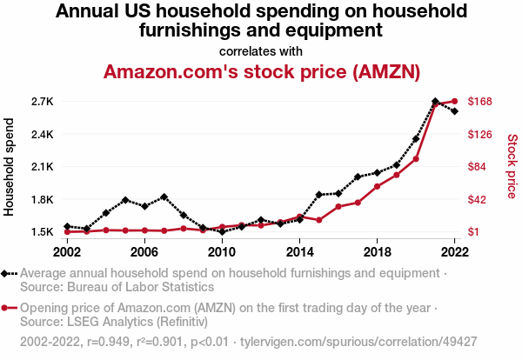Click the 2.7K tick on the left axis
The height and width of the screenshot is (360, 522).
(x=42, y=102)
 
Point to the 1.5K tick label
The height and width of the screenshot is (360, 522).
(x=42, y=232)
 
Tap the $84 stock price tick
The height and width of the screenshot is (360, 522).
(x=478, y=167)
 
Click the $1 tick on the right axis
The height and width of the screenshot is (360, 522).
(x=474, y=232)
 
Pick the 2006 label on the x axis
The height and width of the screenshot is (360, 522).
(x=144, y=251)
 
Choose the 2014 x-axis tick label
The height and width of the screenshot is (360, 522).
(x=299, y=251)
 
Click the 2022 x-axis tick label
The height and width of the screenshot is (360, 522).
(x=454, y=251)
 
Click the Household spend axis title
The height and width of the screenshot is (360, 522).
(x=10, y=167)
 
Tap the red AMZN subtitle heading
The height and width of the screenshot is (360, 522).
(x=261, y=71)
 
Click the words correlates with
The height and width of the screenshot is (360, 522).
(x=261, y=50)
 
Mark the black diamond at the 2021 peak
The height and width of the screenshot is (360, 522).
(x=435, y=102)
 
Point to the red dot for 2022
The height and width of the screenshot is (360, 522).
(x=454, y=102)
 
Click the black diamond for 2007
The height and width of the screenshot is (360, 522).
(x=164, y=197)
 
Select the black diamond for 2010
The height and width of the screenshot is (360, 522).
(x=222, y=232)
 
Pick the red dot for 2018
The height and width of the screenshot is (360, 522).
(x=377, y=186)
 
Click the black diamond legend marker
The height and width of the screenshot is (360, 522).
(x=8, y=273)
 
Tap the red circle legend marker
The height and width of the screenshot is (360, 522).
(x=8, y=307)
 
